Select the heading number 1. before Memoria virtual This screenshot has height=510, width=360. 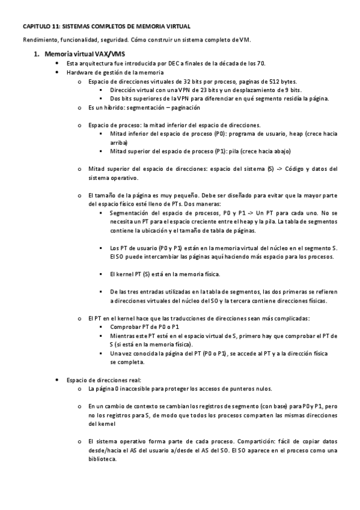click(37, 54)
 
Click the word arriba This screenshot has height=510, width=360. click(118, 143)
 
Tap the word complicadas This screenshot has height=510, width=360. click(293, 318)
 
